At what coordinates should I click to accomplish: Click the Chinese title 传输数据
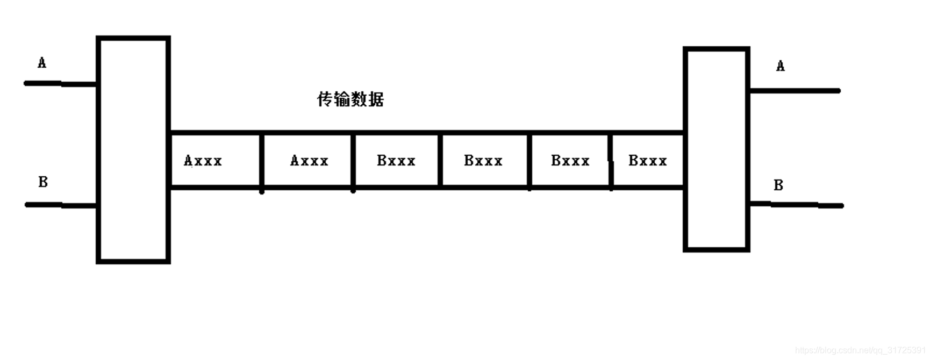pyautogui.click(x=350, y=99)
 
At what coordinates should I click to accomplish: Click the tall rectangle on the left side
pyautogui.click(x=133, y=149)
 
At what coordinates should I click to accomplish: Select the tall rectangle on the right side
pyautogui.click(x=717, y=149)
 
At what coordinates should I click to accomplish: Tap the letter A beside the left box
pyautogui.click(x=42, y=63)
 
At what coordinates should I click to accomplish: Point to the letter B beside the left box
pyautogui.click(x=43, y=182)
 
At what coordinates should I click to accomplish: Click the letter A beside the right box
pyautogui.click(x=781, y=66)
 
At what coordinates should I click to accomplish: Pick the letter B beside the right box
pyautogui.click(x=778, y=185)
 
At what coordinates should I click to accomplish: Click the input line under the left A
pyautogui.click(x=60, y=84)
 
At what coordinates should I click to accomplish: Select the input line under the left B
pyautogui.click(x=61, y=205)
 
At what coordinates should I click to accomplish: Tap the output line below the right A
pyautogui.click(x=795, y=91)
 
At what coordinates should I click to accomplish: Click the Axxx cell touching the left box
pyautogui.click(x=215, y=160)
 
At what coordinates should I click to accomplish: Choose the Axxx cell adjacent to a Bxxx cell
pyautogui.click(x=307, y=160)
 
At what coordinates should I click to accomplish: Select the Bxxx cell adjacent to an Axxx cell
pyautogui.click(x=396, y=160)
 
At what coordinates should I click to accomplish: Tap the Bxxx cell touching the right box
pyautogui.click(x=648, y=160)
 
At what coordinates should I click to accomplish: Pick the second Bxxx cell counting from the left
pyautogui.click(x=484, y=160)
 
